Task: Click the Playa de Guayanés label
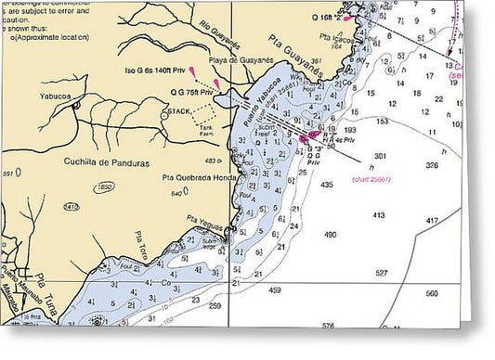click(241, 59)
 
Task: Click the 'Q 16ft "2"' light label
click(324, 17)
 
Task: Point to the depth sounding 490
click(329, 235)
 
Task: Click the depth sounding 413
click(378, 215)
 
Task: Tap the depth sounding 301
click(379, 155)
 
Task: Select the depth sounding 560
click(432, 293)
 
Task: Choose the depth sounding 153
click(381, 121)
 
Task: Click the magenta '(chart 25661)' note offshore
click(371, 178)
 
